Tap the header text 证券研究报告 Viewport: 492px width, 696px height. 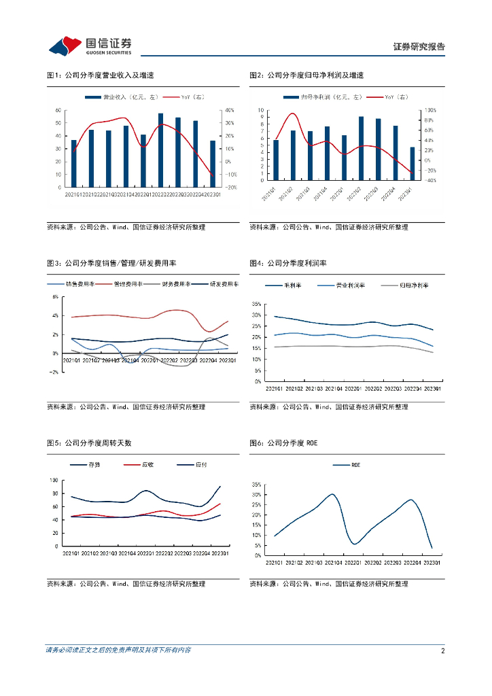pos(419,47)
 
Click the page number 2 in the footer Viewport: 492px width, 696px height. pos(442,650)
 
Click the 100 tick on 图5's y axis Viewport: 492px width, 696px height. pos(55,481)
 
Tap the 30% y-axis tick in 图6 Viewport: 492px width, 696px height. pos(256,495)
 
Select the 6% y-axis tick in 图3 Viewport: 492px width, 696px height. pos(55,297)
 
